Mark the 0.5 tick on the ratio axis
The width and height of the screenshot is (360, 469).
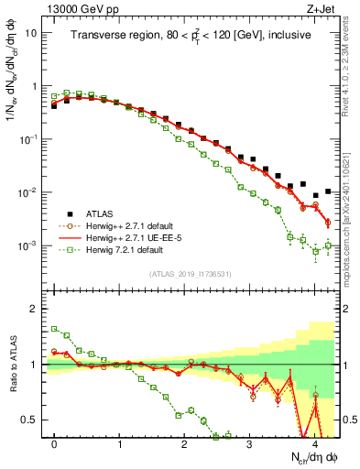pos(32,420)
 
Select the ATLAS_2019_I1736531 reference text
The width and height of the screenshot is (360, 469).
pos(191,275)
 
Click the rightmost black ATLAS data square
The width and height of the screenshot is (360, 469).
pos(328,191)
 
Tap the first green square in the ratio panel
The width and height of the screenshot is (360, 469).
pos(54,328)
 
